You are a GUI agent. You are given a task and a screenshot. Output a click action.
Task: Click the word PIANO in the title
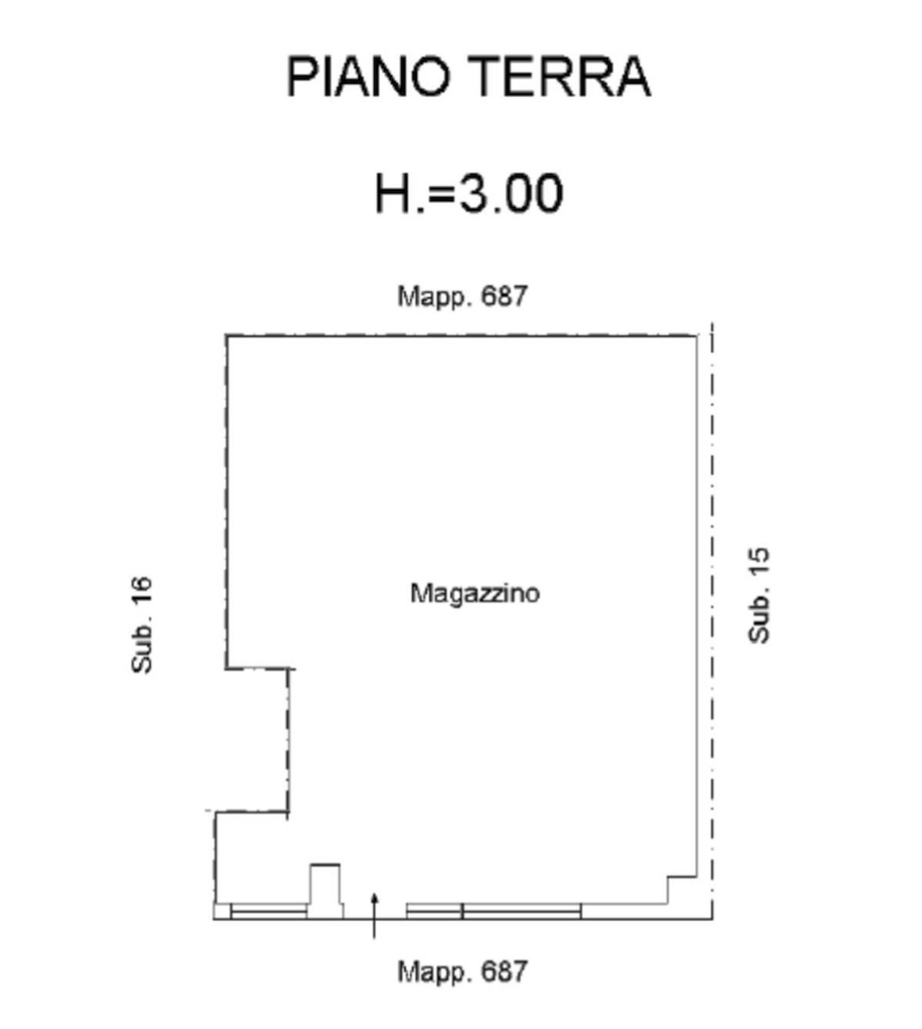[368, 76]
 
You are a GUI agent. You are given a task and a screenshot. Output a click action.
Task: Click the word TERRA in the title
[562, 76]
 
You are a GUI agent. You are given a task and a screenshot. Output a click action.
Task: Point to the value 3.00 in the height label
[511, 193]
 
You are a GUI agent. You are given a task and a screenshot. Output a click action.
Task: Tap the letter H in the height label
[392, 193]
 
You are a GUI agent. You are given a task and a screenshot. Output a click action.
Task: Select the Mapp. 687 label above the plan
[462, 296]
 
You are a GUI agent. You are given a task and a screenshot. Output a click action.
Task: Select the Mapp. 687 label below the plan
[462, 971]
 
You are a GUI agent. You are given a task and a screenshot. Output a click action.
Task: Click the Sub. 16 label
[142, 625]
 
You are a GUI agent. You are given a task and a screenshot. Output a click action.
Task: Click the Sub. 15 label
[758, 595]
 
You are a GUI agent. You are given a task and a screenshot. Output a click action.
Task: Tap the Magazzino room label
[475, 593]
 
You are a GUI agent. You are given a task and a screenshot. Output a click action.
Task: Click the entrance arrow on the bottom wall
[374, 916]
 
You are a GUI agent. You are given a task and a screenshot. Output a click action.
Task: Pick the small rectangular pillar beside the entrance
[325, 885]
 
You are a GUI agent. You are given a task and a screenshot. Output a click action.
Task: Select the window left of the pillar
[269, 911]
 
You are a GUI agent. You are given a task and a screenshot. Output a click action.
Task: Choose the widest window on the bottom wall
[522, 911]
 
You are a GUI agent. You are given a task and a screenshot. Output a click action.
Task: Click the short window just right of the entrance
[434, 911]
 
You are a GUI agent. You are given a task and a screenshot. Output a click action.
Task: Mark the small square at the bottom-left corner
[222, 911]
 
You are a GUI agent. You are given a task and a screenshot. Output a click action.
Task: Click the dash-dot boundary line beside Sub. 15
[712, 620]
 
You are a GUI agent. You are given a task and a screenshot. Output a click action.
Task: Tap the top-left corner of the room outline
[226, 336]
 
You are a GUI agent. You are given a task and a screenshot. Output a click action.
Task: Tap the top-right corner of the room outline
[696, 336]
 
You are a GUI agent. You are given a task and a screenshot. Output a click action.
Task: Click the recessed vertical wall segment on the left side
[288, 740]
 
